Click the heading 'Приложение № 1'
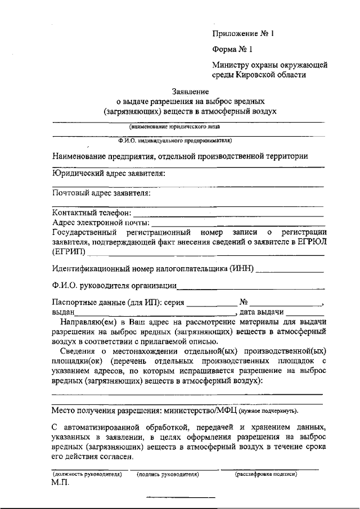point(242,33)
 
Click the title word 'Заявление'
point(191,92)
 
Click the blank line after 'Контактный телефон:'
point(228,214)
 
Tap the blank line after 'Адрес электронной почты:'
point(237,223)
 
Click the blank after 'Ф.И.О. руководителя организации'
point(251,287)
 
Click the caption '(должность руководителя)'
point(83,475)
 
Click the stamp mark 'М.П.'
point(59,484)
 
